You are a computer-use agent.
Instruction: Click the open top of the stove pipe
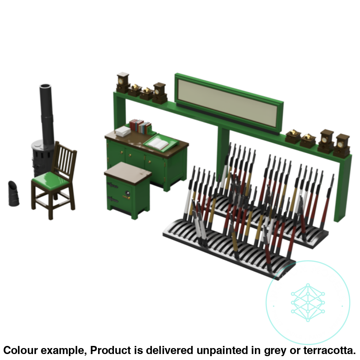click(45, 86)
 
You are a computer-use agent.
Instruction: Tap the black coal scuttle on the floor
click(14, 193)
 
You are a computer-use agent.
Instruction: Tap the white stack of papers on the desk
click(123, 131)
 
